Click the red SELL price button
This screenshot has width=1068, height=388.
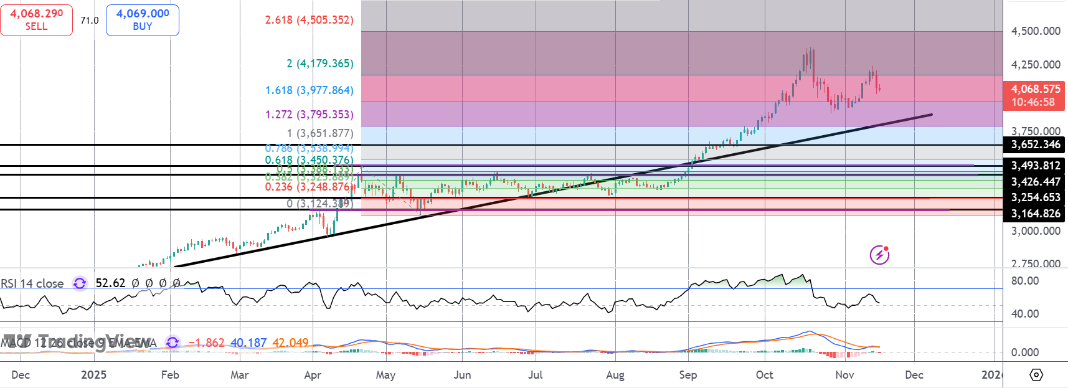click(36, 20)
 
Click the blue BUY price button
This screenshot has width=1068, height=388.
click(143, 20)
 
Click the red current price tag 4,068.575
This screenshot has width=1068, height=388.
click(1034, 95)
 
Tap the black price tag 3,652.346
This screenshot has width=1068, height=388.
click(1035, 144)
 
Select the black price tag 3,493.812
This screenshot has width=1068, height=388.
click(1035, 166)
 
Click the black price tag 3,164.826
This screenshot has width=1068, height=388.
click(1035, 214)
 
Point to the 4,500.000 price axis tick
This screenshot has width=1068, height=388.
click(1036, 31)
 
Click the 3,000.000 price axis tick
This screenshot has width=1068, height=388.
click(1036, 231)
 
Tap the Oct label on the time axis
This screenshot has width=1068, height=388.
click(764, 375)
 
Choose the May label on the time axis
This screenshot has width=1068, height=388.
click(385, 375)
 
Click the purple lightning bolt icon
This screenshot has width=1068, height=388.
click(879, 255)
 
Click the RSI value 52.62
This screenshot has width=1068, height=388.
click(110, 283)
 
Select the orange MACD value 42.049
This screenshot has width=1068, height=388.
click(290, 343)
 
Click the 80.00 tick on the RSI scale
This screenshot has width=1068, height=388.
click(1025, 281)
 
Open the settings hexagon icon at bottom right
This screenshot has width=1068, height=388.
click(1036, 375)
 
